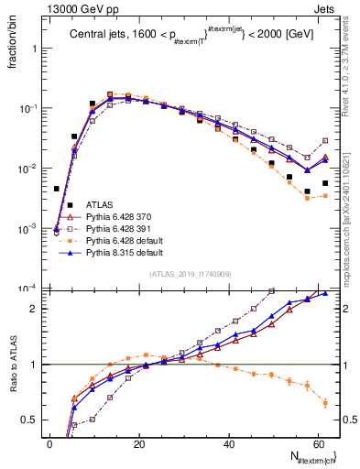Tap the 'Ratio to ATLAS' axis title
pyautogui.click(x=13, y=380)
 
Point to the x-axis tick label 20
pyautogui.click(x=138, y=444)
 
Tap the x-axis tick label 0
pyautogui.click(x=50, y=444)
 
